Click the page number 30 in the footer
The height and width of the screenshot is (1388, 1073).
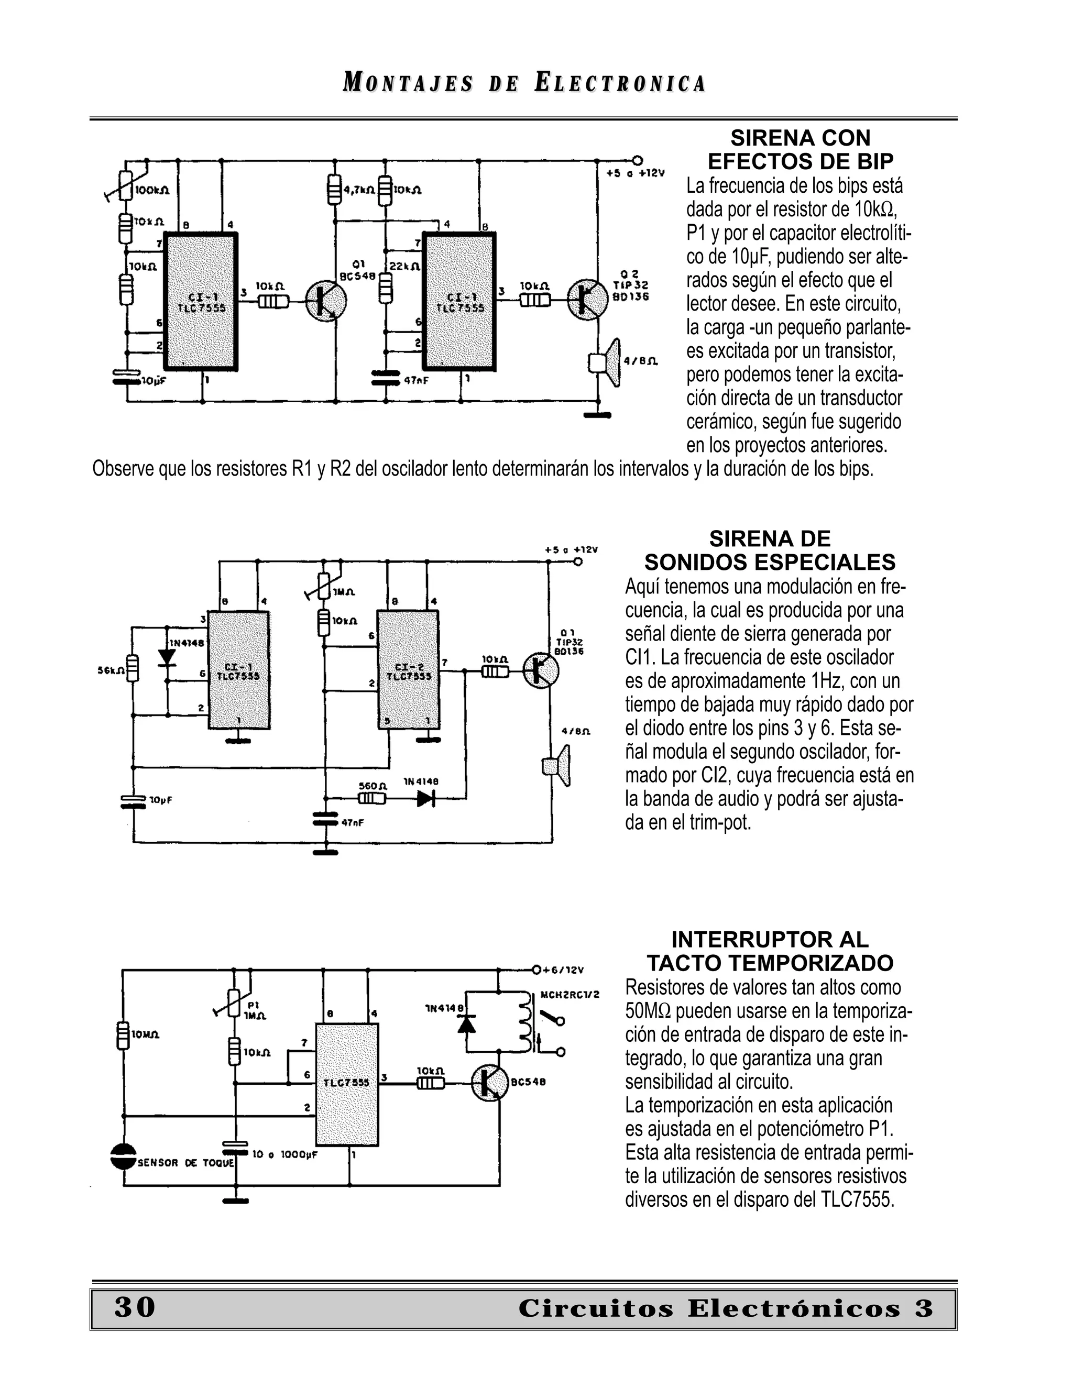pyautogui.click(x=135, y=1307)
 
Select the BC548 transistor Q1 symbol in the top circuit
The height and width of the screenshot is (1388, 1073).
pyautogui.click(x=326, y=302)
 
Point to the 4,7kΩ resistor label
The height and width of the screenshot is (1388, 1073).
pyautogui.click(x=358, y=190)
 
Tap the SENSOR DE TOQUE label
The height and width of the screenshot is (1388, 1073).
pyautogui.click(x=185, y=1162)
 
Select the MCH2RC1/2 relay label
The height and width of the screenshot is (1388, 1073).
pyautogui.click(x=570, y=994)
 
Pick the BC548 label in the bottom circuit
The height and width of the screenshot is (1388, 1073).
pyautogui.click(x=528, y=1081)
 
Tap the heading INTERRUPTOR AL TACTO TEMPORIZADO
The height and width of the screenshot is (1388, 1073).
pyautogui.click(x=770, y=951)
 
